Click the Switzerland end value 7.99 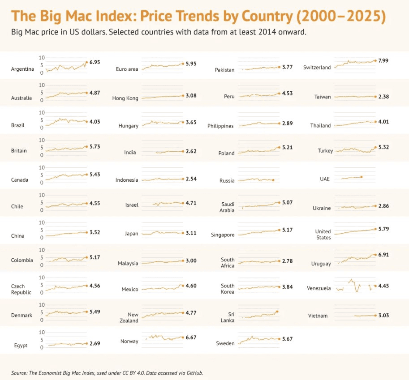[384, 60]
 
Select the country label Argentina [22, 69]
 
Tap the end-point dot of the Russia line [273, 180]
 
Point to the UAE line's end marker [361, 177]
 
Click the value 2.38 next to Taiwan [383, 97]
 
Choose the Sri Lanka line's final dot [278, 311]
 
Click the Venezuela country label [319, 288]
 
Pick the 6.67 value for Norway [191, 337]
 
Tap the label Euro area [127, 69]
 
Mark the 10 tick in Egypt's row [42, 332]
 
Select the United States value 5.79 [383, 229]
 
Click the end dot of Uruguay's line [375, 255]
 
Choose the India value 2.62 [191, 151]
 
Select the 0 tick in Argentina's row [42, 72]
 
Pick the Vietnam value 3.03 [383, 316]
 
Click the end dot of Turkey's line [375, 147]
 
